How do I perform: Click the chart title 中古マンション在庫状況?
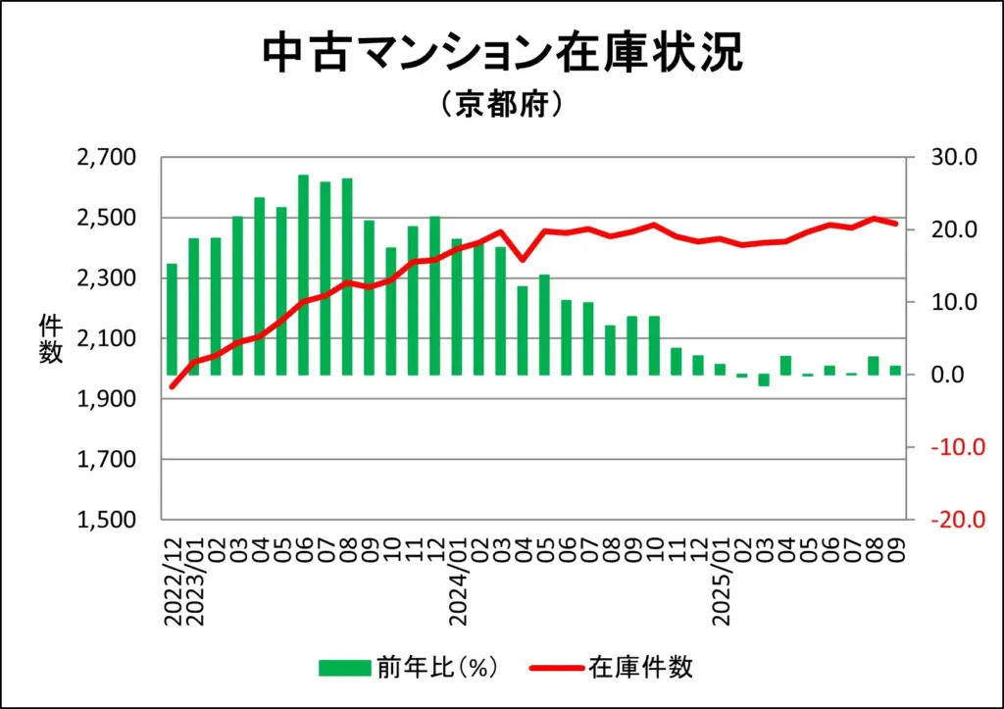pyautogui.click(x=501, y=54)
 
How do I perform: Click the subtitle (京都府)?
pyautogui.click(x=501, y=104)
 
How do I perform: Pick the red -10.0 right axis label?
pyautogui.click(x=951, y=447)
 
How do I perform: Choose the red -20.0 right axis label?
pyautogui.click(x=951, y=520)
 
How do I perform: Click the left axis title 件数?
pyautogui.click(x=51, y=338)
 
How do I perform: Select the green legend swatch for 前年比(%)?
pyautogui.click(x=344, y=667)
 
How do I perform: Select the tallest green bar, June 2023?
pyautogui.click(x=303, y=275)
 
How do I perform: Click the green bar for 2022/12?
pyautogui.click(x=173, y=319)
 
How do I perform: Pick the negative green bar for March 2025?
pyautogui.click(x=764, y=380)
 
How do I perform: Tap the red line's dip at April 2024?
pyautogui.click(x=523, y=260)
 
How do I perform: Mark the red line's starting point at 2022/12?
pyautogui.click(x=173, y=386)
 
